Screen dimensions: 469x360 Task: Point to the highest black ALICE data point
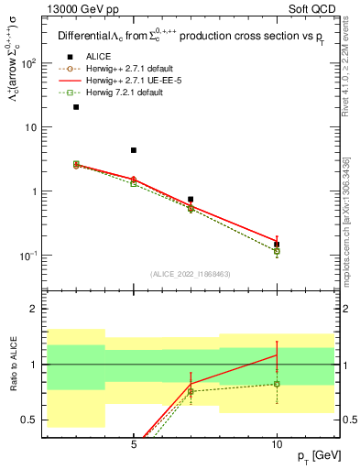[x=76, y=107]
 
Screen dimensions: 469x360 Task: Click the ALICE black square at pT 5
[x=134, y=150]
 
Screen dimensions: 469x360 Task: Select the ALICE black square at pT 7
[x=191, y=199]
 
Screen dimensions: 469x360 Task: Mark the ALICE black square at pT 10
[x=277, y=245]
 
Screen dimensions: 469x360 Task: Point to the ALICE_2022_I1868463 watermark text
[x=191, y=274]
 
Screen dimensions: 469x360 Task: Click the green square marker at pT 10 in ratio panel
[x=277, y=384]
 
